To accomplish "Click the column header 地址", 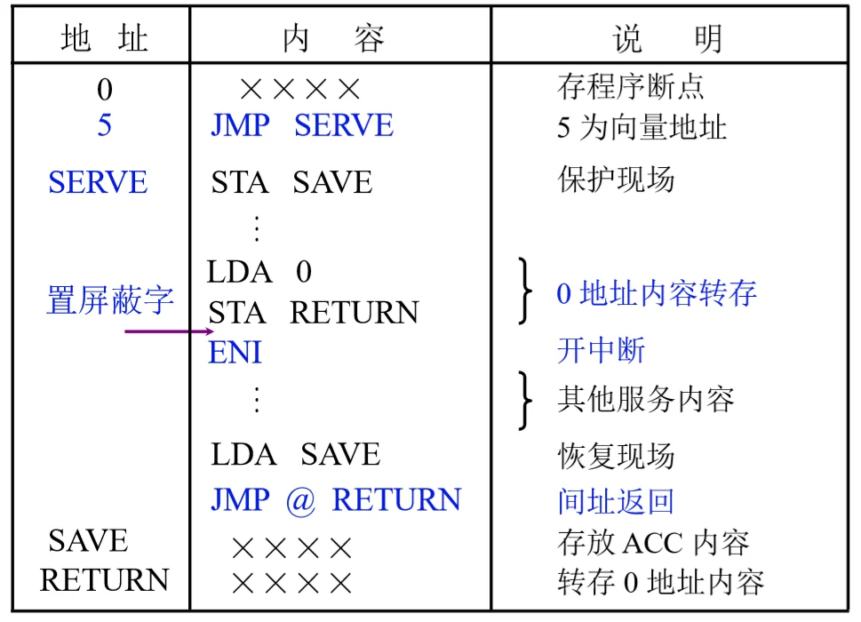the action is (104, 38).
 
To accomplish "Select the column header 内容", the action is (333, 38).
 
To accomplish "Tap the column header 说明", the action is (666, 38).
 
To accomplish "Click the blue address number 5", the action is (104, 124).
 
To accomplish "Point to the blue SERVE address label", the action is (98, 182).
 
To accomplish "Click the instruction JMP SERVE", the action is (302, 124).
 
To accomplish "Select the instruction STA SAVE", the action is (291, 182).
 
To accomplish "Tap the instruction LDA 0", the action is (259, 271).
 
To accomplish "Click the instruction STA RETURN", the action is (313, 312).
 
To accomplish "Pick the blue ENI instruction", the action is (235, 352).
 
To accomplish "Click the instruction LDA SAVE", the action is (295, 454).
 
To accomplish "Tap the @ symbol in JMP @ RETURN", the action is (300, 500).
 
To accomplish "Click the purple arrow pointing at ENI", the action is (169, 331).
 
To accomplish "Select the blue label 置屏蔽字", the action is (110, 300).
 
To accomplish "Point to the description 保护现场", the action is (616, 179).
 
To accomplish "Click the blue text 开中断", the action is (602, 350).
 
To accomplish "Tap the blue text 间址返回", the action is (616, 500).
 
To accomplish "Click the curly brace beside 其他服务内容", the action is (525, 400).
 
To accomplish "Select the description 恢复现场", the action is (616, 456).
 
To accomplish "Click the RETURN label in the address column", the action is (104, 580).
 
